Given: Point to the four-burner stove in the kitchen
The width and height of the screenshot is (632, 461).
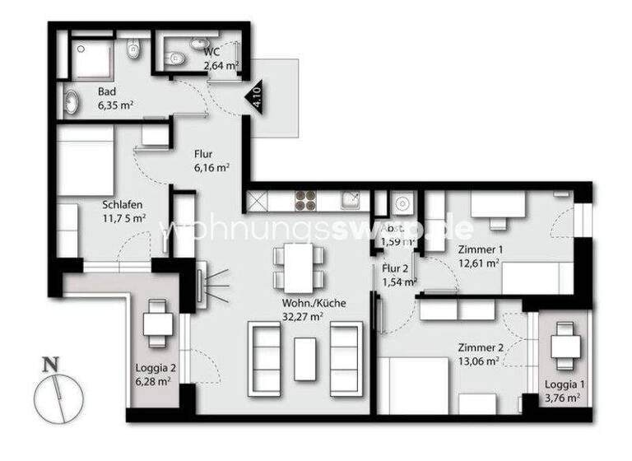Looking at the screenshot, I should coord(305,200).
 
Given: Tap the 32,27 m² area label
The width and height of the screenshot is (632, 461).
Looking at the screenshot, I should coord(314,315).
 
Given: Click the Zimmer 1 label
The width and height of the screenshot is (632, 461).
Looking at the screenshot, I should coord(479,250).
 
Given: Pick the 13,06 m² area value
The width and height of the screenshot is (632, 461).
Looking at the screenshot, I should coord(480,361).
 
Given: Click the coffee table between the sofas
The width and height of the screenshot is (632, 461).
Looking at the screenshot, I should coord(305,359).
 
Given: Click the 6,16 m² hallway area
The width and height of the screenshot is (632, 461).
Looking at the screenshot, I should coord(211,166).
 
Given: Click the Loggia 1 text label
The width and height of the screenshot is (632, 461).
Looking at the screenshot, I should coord(563,384).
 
